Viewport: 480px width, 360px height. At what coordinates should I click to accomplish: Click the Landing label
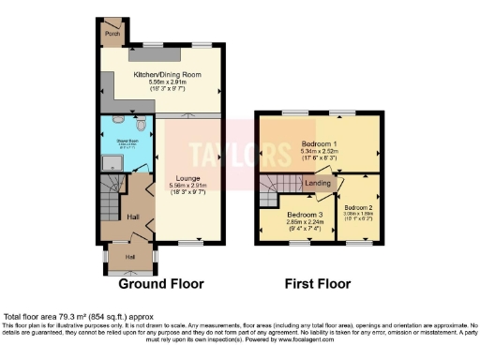(x=318, y=184)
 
